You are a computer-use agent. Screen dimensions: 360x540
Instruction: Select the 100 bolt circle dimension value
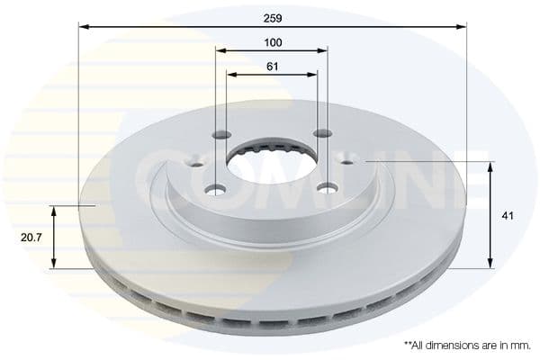273,42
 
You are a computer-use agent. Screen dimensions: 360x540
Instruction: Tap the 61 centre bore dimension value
273,66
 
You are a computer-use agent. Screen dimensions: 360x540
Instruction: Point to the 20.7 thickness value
31,238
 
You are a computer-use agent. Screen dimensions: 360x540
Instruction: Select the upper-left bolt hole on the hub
222,135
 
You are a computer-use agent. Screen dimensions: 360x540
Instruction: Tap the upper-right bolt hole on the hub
320,134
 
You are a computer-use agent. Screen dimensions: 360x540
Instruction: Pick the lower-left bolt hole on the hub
214,189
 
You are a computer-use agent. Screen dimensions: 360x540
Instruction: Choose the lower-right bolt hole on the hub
328,188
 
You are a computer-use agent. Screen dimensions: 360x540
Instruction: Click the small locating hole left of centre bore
199,163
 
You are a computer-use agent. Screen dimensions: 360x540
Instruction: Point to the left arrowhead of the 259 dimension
84,27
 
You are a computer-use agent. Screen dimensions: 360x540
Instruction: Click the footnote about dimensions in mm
467,345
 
